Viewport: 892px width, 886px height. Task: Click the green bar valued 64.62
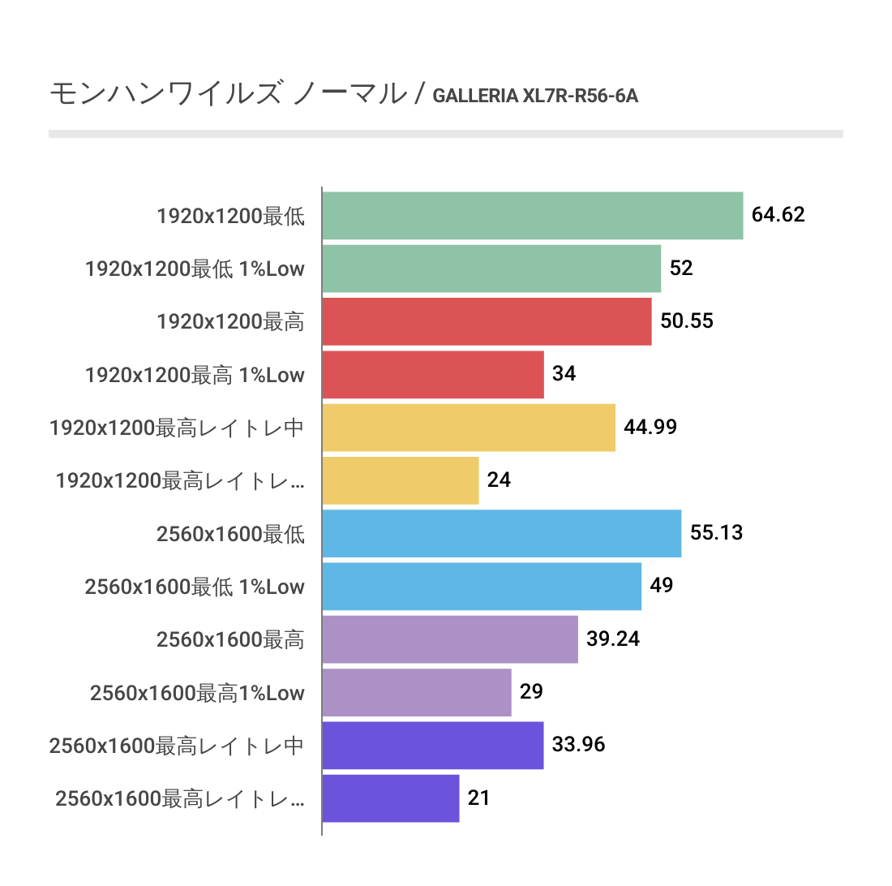pyautogui.click(x=532, y=216)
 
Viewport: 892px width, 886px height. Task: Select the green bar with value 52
pyautogui.click(x=491, y=269)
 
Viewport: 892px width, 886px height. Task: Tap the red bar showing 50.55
pyautogui.click(x=487, y=321)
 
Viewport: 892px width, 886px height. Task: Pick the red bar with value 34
pyautogui.click(x=432, y=375)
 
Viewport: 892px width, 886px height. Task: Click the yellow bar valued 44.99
pyautogui.click(x=468, y=428)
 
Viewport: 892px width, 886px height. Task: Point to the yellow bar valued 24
pyautogui.click(x=400, y=480)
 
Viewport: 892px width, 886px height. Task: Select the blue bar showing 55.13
pyautogui.click(x=501, y=533)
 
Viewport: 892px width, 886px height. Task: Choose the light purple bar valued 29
pyautogui.click(x=416, y=692)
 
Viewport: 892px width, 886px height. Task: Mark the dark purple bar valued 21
pyautogui.click(x=390, y=798)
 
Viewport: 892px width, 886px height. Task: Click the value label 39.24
pyautogui.click(x=613, y=639)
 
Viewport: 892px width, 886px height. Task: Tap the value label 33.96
pyautogui.click(x=578, y=745)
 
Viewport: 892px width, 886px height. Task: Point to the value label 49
pyautogui.click(x=662, y=586)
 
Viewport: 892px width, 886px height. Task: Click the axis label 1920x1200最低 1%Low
pyautogui.click(x=195, y=269)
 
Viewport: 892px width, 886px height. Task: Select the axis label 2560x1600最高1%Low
pyautogui.click(x=197, y=692)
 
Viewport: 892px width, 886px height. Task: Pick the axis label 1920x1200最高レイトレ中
pyautogui.click(x=177, y=428)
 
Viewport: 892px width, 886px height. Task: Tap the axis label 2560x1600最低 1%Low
pyautogui.click(x=195, y=586)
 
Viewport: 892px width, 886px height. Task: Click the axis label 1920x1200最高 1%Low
pyautogui.click(x=195, y=375)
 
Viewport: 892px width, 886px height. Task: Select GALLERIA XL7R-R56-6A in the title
pyautogui.click(x=535, y=97)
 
